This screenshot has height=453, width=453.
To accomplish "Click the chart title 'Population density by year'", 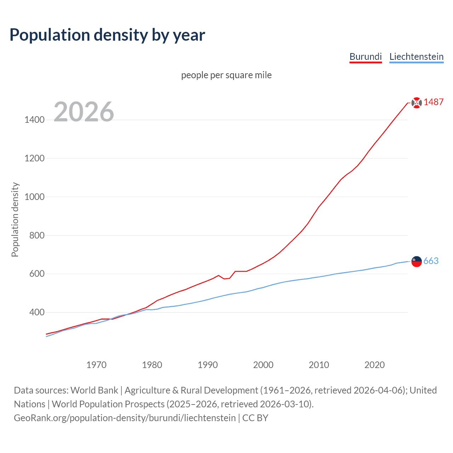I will coord(107,35).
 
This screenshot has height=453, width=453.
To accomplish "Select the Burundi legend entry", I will coord(366,57).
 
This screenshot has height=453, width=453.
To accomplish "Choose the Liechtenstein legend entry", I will coord(416,57).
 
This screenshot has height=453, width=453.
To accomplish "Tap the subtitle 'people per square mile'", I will coord(226,75).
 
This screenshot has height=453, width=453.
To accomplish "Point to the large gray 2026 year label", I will coord(84,112).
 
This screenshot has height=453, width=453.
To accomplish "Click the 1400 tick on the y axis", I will coord(35,120).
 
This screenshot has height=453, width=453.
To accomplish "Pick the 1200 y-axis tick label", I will coord(35,158).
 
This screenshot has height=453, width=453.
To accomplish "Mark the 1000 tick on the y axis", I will coord(35,197).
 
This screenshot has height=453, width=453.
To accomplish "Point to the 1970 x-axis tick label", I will coord(96,365).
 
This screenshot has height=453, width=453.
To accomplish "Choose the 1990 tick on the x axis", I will coord(208,365).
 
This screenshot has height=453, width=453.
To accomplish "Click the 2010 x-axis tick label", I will coord(319,365).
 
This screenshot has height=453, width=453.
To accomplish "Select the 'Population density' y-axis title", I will coord(15,219).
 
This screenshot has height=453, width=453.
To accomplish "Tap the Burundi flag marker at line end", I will coord(417,103).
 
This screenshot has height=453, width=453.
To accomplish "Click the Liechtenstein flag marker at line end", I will coord(417,262).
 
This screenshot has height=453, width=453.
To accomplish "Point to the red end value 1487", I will coord(434,102).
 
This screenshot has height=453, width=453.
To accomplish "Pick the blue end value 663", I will coord(431,261).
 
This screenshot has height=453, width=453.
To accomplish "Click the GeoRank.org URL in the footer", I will coord(125,418).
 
